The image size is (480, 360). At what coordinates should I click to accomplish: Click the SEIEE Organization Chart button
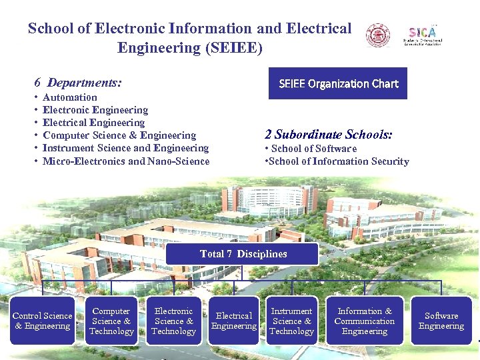click(337, 83)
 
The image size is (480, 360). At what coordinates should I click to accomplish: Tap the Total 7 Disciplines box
click(243, 253)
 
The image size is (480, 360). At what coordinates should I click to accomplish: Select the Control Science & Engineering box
click(43, 321)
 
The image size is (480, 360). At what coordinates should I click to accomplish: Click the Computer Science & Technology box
click(111, 321)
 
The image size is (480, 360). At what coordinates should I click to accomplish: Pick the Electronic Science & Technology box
click(173, 321)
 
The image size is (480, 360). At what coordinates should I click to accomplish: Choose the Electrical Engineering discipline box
click(234, 321)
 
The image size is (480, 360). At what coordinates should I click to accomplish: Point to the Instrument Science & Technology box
click(291, 321)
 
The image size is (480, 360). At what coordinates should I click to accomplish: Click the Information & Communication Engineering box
click(365, 321)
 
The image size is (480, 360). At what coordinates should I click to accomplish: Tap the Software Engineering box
click(441, 321)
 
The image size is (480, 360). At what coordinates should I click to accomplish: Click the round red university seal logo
click(379, 35)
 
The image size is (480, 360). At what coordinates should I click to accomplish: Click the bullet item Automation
click(70, 97)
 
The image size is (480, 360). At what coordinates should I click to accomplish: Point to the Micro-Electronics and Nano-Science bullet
click(126, 161)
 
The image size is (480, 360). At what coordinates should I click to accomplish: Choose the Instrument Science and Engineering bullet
click(125, 148)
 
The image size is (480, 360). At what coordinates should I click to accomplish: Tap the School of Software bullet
click(313, 149)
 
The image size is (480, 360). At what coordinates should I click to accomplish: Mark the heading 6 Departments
click(78, 83)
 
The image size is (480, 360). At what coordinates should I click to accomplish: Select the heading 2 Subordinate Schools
click(329, 134)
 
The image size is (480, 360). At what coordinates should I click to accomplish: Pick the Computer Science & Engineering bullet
click(119, 135)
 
